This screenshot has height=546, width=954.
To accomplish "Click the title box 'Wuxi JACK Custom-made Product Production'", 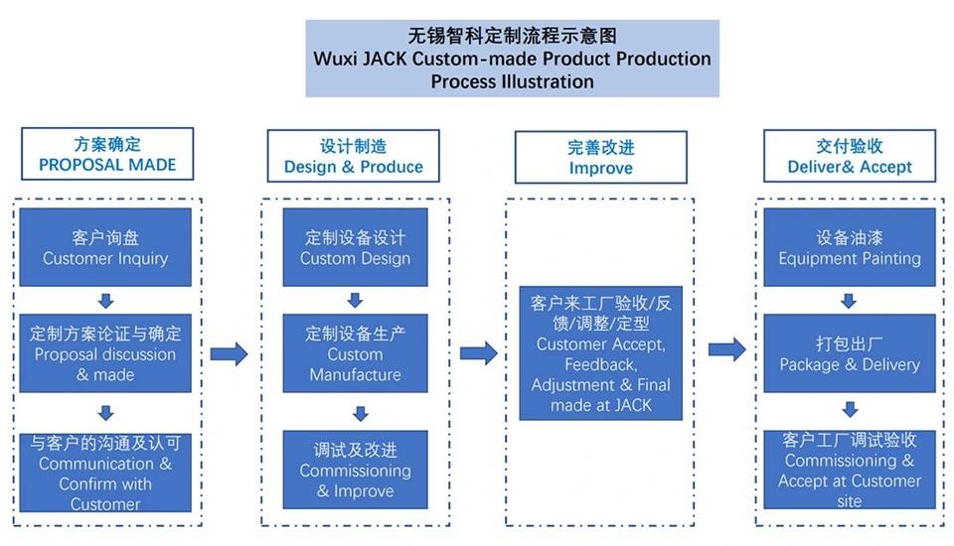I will (x=512, y=59).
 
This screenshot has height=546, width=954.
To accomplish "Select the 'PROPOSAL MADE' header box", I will (x=107, y=154).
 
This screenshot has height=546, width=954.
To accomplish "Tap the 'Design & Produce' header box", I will (x=353, y=156).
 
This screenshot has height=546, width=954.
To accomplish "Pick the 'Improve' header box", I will (x=600, y=157).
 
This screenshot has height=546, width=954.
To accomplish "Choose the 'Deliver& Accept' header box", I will (x=849, y=156).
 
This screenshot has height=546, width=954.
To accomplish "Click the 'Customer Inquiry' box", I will (x=105, y=247).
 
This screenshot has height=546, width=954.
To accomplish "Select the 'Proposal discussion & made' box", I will (x=105, y=352).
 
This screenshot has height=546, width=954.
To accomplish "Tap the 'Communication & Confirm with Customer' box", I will (x=105, y=471).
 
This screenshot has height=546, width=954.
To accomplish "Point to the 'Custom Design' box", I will (x=355, y=247).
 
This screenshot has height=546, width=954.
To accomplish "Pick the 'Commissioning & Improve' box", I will (x=355, y=470).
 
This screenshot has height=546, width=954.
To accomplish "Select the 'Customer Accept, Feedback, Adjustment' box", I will (x=600, y=352).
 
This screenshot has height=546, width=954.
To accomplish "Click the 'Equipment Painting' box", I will (x=849, y=247).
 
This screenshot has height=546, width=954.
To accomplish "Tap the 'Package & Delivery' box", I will (x=849, y=352).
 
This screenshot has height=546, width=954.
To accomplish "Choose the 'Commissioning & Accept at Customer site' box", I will (x=849, y=470).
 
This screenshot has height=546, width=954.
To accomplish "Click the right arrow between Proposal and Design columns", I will (x=229, y=353).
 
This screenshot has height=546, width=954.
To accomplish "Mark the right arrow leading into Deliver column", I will (x=726, y=348).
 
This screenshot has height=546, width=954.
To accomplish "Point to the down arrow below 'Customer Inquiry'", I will (x=106, y=300).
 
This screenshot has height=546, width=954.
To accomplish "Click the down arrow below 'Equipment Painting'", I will (x=849, y=300).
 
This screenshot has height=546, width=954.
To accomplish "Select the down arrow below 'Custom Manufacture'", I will (x=361, y=413).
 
